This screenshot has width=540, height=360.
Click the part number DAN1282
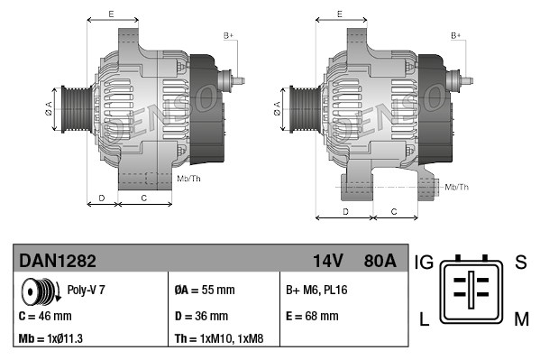point(58,261)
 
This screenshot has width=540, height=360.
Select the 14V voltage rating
point(327,261)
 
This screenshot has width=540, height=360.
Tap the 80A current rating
point(378,261)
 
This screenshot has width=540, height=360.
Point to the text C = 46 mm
point(45,316)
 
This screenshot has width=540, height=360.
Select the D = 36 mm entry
point(201,316)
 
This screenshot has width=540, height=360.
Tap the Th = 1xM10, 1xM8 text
point(219,339)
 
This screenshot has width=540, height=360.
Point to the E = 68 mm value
point(312,316)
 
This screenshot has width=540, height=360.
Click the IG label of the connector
point(425,263)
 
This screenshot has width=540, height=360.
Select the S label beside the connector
point(519,263)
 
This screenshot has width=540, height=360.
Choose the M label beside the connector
point(521,318)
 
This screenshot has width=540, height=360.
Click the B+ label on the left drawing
point(228,35)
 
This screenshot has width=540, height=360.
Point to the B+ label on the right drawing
point(456,35)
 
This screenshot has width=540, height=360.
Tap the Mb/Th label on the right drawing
point(457,187)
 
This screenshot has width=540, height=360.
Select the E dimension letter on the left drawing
point(111,14)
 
